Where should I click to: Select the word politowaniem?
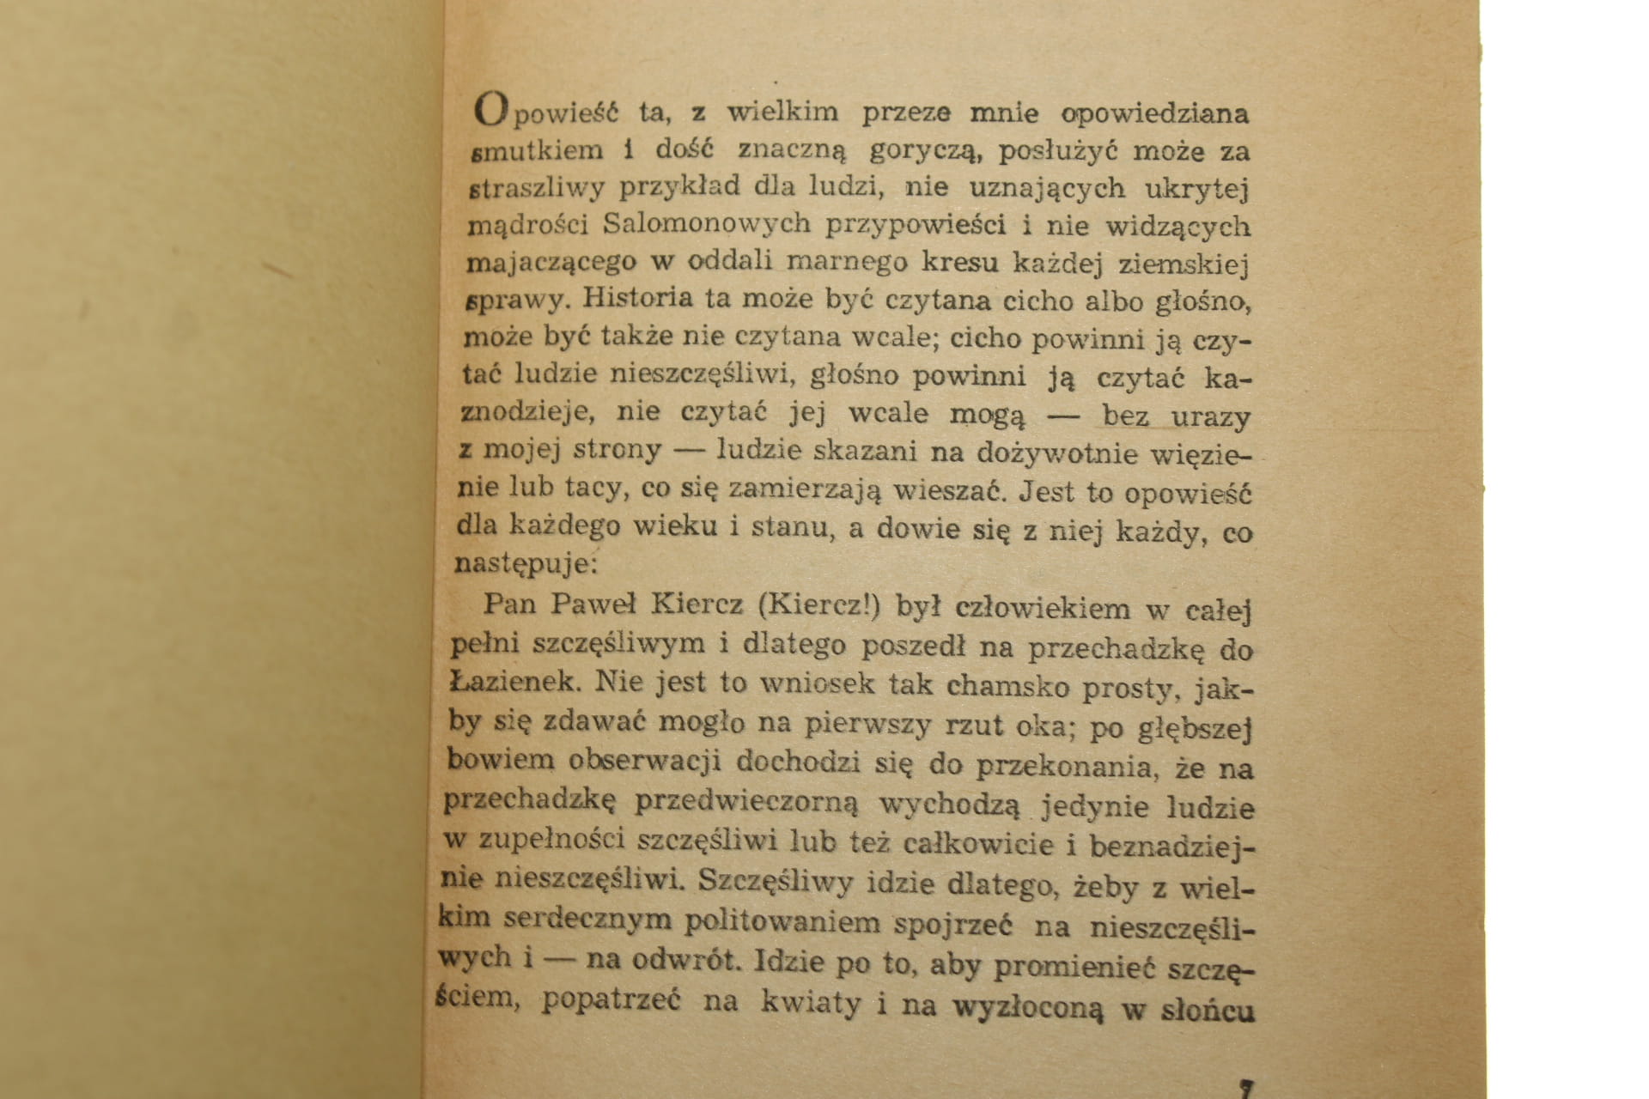[x=782, y=923]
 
